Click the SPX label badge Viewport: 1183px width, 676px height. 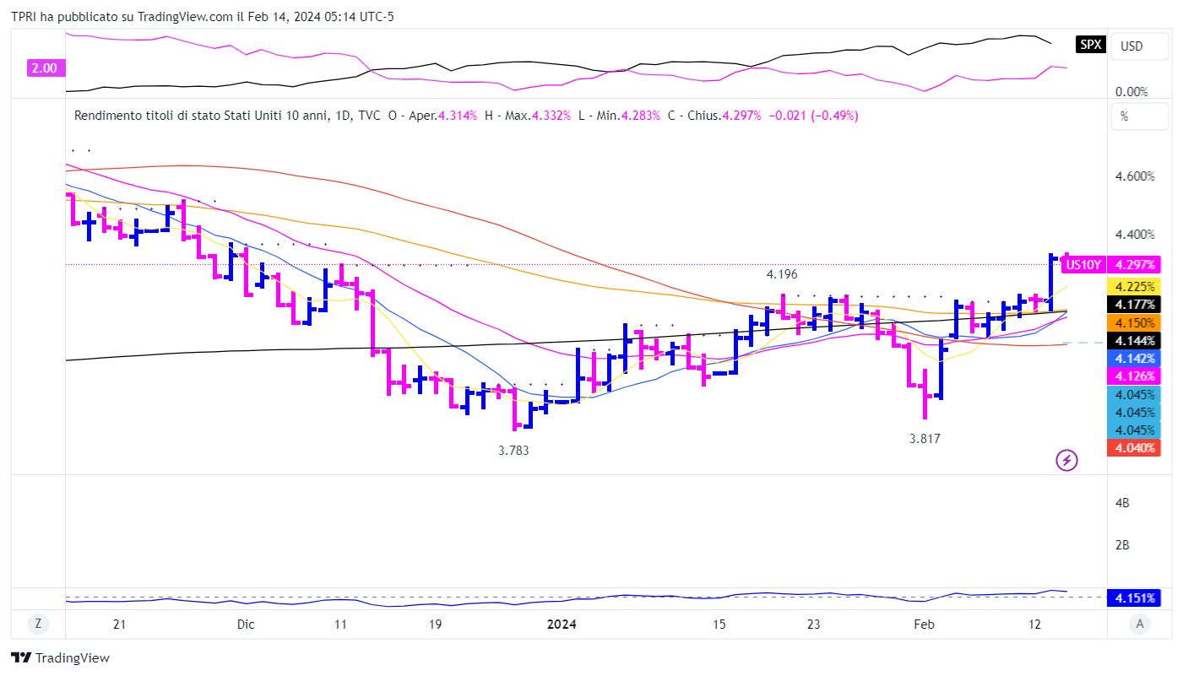[1091, 45]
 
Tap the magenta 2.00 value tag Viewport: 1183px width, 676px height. [43, 68]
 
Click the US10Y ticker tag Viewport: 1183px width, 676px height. [1083, 265]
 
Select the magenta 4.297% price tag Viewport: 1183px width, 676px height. [1135, 265]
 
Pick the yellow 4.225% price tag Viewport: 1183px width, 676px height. [1135, 286]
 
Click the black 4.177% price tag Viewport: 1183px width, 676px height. [1135, 304]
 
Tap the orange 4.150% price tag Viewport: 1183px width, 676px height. [1135, 322]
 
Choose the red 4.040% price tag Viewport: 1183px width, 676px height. [1135, 447]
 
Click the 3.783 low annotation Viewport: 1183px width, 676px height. [513, 451]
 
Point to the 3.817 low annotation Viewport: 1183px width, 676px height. [925, 439]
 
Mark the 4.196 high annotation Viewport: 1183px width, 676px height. [782, 274]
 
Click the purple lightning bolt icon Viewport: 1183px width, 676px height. [1067, 460]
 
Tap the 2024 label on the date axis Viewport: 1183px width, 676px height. [562, 625]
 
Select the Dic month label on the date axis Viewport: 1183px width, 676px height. [246, 625]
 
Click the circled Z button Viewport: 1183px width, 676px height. [38, 625]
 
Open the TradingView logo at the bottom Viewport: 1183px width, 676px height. [60, 657]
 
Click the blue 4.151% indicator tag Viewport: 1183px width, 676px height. [1135, 598]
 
